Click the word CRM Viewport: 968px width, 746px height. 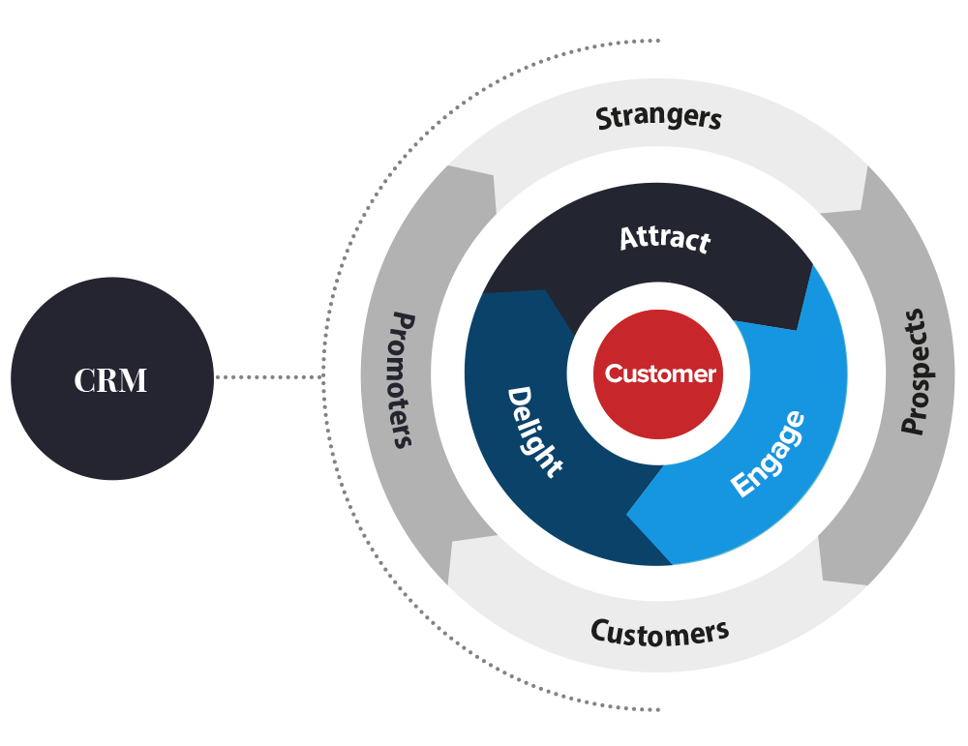[110, 381]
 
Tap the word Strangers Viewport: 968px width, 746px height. [658, 118]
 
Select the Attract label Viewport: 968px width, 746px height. [665, 238]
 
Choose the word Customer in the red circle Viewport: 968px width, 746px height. [660, 373]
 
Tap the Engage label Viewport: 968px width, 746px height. [767, 454]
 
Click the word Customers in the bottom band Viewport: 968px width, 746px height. [659, 633]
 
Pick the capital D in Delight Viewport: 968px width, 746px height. [519, 399]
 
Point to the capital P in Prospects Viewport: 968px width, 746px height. [912, 422]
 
